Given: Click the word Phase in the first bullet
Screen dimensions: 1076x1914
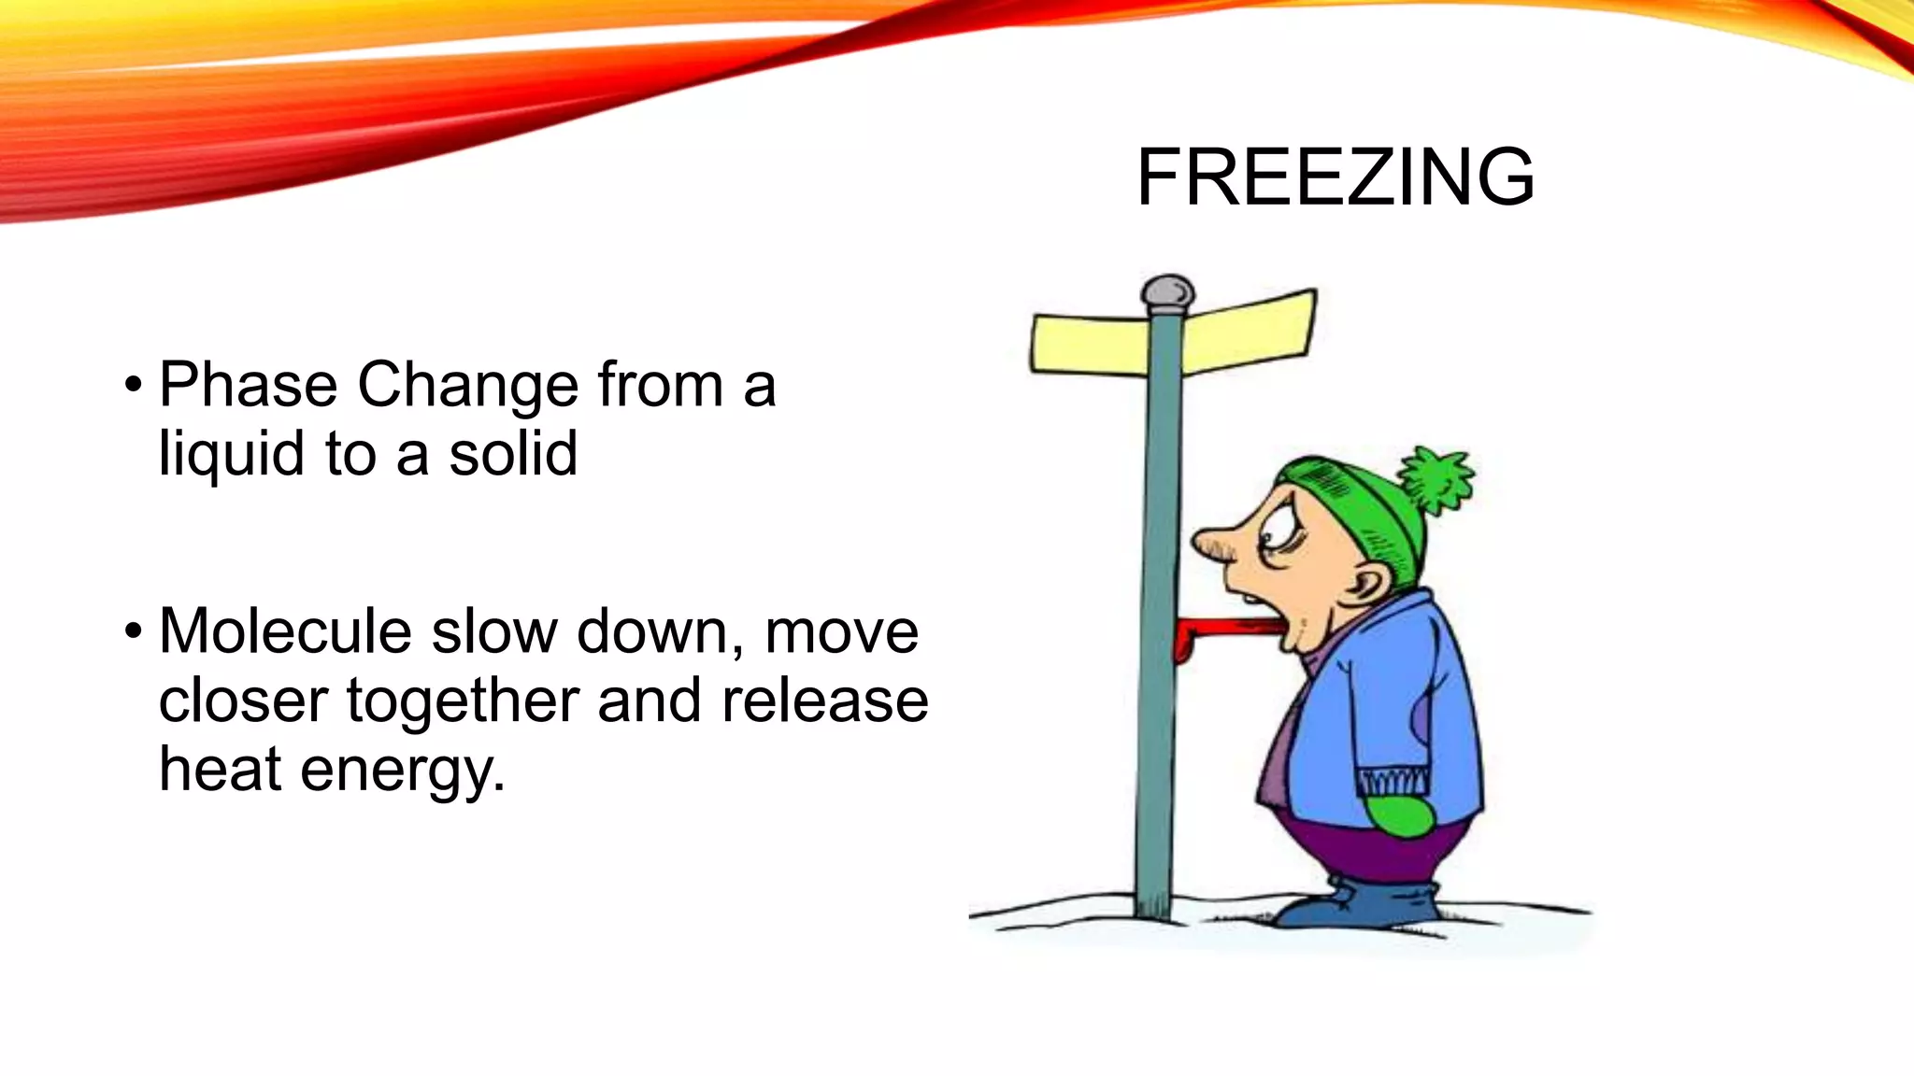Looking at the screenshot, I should click(248, 385).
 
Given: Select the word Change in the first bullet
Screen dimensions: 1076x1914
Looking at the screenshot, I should click(467, 387).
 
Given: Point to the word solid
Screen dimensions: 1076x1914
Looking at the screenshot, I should click(513, 454).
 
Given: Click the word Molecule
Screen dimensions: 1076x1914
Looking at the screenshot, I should click(285, 631).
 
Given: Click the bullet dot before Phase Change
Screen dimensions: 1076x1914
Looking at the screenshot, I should click(134, 384).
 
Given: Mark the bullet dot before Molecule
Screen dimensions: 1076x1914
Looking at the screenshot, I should click(134, 630).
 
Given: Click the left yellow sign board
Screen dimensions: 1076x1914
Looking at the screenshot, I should click(1089, 344).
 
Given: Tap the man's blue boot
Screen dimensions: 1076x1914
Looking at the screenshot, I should click(1365, 903).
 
